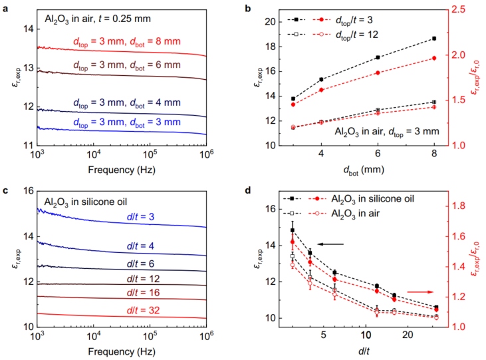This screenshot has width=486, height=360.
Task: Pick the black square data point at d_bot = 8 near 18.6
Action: pos(434,39)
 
